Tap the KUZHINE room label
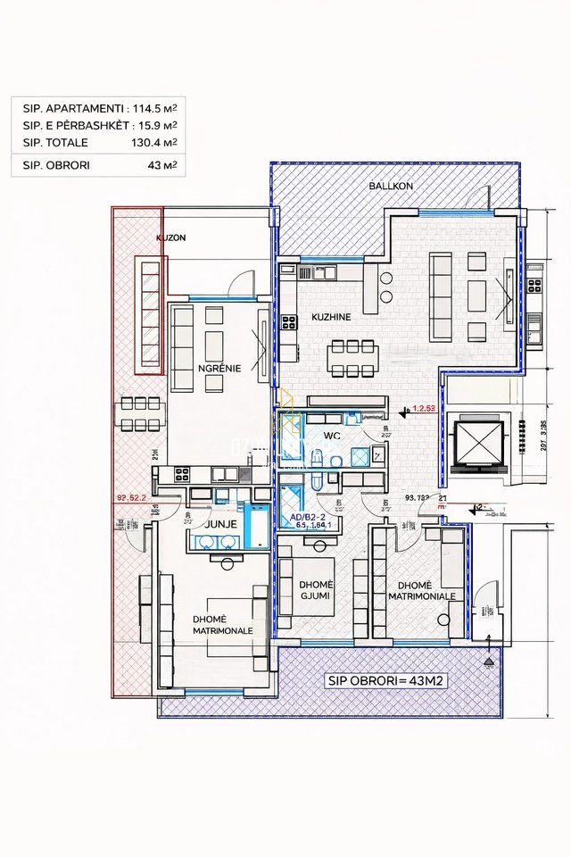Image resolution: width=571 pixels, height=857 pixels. (x=330, y=317)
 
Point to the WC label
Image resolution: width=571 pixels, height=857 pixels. (x=332, y=437)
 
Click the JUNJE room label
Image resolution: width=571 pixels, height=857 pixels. (x=220, y=524)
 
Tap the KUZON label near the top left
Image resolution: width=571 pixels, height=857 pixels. (x=170, y=238)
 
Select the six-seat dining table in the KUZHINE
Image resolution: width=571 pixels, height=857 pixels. (x=352, y=358)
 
